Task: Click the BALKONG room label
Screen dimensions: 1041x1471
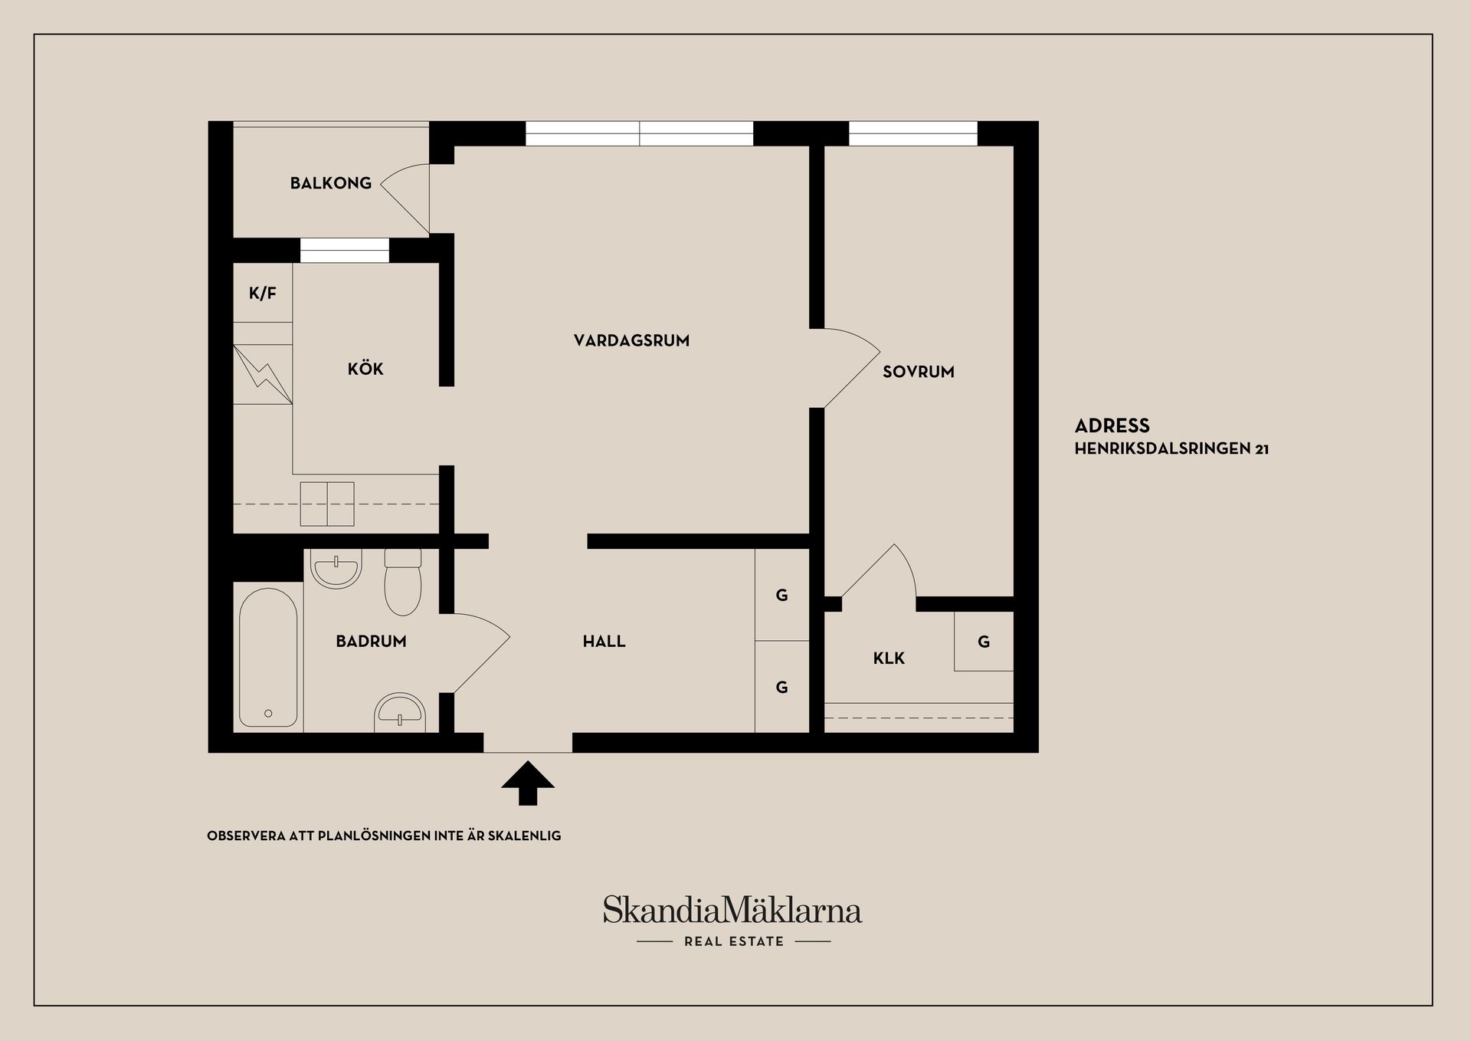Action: [330, 183]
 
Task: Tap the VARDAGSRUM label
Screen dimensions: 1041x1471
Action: [631, 340]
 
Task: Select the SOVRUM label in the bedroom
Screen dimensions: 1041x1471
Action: [918, 372]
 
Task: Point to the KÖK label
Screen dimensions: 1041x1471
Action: [365, 369]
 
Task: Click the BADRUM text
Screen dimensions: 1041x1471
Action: [371, 641]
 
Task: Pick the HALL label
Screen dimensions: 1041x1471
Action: [604, 641]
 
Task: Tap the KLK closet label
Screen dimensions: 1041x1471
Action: [889, 658]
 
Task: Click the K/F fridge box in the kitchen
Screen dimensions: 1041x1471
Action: [263, 293]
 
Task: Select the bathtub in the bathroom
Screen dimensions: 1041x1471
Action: [268, 658]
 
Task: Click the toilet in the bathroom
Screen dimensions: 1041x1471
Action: [403, 582]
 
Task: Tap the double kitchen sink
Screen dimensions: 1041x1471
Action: [327, 504]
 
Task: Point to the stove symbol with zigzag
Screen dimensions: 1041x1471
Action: [263, 374]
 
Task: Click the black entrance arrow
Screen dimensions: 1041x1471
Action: [528, 783]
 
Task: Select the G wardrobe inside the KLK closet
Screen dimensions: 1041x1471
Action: [984, 642]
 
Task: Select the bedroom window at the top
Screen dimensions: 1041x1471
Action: [913, 133]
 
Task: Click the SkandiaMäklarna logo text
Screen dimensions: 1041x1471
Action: [732, 910]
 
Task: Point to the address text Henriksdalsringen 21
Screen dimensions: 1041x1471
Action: [1171, 449]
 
